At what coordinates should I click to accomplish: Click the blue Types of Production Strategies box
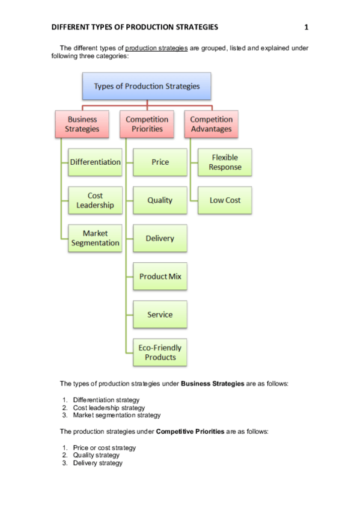146,86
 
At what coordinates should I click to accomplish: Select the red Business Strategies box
82,124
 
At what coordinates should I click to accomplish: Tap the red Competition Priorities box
147,124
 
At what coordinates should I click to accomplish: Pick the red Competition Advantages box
211,124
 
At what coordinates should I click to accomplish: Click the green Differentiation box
95,162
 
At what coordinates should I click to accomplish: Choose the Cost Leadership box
95,200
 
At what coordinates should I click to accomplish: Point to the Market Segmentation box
95,238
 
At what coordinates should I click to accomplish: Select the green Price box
160,162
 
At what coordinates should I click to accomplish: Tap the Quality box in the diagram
160,200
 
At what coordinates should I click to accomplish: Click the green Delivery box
160,238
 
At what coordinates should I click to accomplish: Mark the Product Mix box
160,277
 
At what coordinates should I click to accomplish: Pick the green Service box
160,315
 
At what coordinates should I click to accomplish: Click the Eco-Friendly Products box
160,352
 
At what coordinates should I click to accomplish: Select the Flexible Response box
224,162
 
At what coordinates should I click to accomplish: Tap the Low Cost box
224,200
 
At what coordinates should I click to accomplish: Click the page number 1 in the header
307,27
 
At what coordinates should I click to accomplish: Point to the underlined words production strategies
156,48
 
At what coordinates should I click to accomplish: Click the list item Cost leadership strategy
109,408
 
